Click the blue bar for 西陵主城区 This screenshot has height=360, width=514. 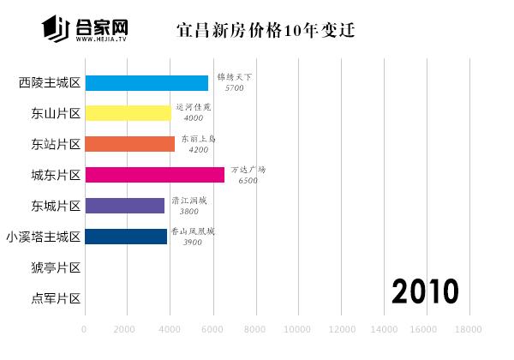[146, 83]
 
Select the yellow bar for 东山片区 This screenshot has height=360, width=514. [128, 113]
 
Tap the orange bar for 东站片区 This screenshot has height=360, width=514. [129, 144]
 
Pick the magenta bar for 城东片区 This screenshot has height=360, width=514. [154, 175]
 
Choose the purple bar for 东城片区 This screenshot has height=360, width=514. [124, 206]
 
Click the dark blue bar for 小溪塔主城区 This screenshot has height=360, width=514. [126, 237]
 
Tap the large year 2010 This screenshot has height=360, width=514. [426, 291]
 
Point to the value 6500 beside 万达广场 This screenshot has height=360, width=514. [248, 181]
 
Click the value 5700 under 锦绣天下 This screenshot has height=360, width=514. [234, 88]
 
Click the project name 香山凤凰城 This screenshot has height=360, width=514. [193, 231]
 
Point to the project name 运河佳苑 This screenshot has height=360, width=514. [193, 108]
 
